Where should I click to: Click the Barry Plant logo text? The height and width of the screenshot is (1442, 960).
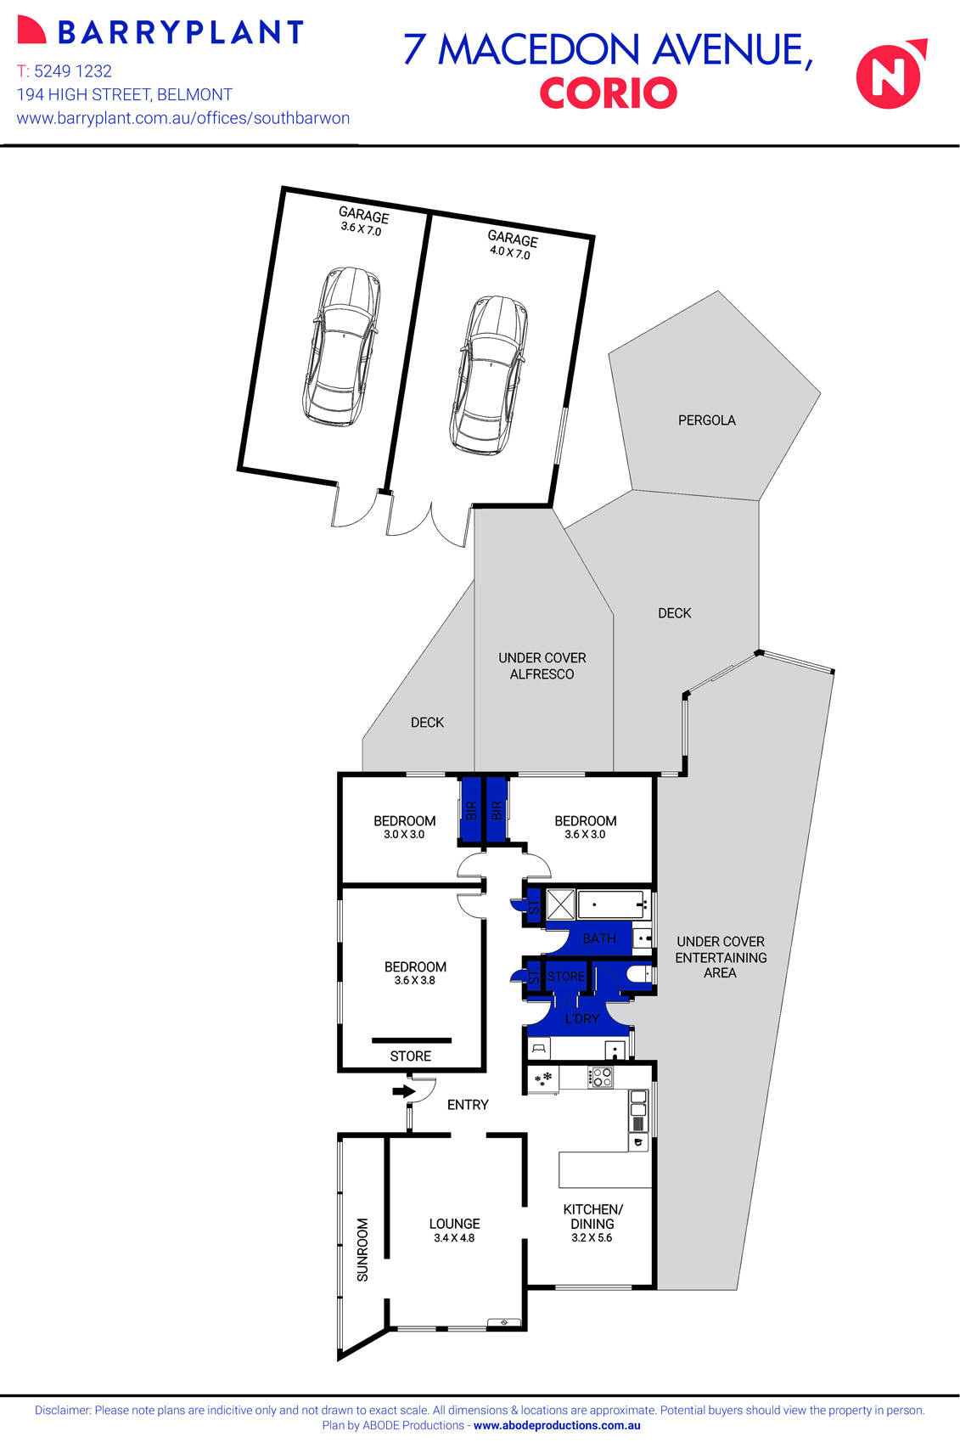[x=180, y=32]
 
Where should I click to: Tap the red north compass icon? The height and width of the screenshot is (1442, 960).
[x=890, y=75]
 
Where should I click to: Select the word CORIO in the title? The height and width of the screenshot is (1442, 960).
[x=608, y=93]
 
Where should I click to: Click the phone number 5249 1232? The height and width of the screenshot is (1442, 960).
[x=72, y=71]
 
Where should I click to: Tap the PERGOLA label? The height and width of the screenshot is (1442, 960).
[x=706, y=420]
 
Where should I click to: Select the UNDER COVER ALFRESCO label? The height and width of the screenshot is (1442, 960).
[x=542, y=666]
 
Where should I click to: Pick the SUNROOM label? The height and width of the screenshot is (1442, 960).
[x=362, y=1249]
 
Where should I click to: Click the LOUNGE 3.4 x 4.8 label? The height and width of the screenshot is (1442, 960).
[x=454, y=1230]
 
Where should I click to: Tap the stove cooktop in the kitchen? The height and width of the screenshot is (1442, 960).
[x=601, y=1078]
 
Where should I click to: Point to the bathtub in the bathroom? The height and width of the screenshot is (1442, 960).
[x=613, y=905]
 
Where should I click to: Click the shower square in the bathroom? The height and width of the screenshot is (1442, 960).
[x=559, y=904]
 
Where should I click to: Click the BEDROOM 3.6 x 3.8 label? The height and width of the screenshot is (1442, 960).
[x=415, y=972]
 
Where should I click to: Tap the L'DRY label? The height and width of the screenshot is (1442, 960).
[x=581, y=1018]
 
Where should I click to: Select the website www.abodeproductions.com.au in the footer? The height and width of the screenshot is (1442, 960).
[x=557, y=1426]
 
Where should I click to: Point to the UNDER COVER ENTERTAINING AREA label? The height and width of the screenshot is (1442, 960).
[x=721, y=957]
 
